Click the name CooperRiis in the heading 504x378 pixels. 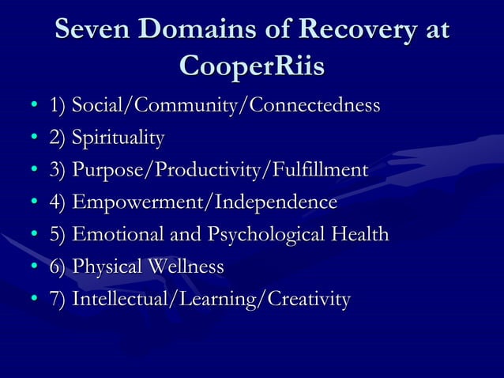click(252, 66)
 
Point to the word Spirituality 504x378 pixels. click(118, 138)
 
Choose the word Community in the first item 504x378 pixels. click(187, 106)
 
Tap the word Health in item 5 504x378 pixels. click(360, 235)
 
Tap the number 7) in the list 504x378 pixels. click(57, 301)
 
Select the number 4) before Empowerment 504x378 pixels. click(57, 203)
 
